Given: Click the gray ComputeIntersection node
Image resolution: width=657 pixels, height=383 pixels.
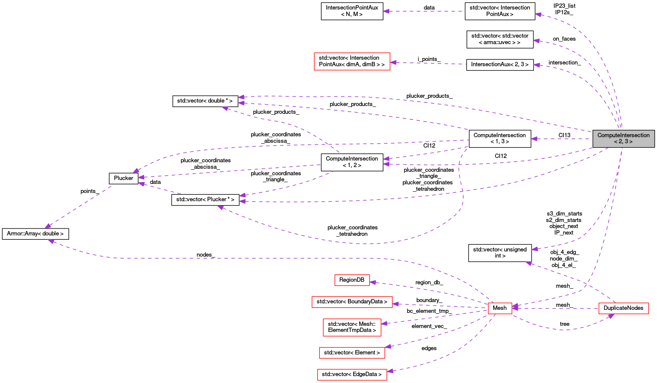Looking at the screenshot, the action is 623,138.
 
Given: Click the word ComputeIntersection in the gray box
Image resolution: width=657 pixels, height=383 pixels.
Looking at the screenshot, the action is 623,135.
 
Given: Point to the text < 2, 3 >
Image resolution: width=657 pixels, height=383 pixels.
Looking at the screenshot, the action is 623,142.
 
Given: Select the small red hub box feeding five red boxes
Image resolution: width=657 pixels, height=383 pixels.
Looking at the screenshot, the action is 500,308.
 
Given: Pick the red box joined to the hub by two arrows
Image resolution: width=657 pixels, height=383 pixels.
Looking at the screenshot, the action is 623,308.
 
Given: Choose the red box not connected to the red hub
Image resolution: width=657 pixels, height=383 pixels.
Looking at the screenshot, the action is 352,61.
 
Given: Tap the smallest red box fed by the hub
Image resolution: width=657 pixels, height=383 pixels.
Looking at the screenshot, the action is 352,280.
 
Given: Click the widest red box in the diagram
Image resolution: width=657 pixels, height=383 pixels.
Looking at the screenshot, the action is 352,302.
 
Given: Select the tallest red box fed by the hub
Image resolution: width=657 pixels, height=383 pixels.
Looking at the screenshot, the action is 352,327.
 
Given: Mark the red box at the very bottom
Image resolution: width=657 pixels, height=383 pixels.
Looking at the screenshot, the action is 352,374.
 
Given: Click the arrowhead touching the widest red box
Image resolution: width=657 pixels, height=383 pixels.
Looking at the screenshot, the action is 395,304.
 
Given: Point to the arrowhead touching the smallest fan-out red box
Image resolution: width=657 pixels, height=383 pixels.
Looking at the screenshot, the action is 373,282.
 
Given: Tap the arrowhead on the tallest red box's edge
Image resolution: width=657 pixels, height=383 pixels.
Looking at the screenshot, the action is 384,323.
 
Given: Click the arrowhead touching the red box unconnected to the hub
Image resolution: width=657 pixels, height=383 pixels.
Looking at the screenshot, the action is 393,62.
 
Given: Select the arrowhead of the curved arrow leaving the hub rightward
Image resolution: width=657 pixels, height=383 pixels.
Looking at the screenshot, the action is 611,316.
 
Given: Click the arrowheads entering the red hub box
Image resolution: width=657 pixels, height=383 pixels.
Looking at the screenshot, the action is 515,308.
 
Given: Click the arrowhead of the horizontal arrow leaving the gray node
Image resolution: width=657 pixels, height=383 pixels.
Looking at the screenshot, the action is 534,139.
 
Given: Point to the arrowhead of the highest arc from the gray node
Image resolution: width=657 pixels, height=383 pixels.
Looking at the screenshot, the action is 538,15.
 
